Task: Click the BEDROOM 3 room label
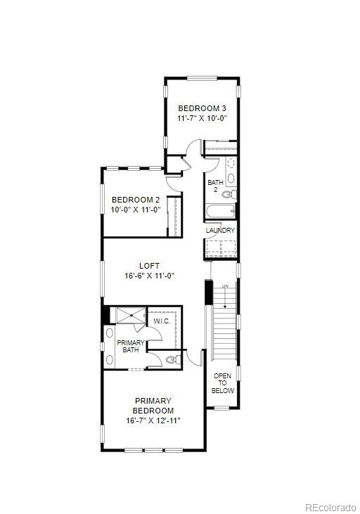click(x=202, y=108)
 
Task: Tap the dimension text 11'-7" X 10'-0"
click(x=202, y=118)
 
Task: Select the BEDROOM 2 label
click(x=136, y=200)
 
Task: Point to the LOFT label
click(x=148, y=266)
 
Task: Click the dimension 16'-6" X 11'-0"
click(x=148, y=276)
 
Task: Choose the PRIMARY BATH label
click(x=130, y=347)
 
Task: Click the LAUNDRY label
click(x=220, y=231)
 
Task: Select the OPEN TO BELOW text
click(x=222, y=383)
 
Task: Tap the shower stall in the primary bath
click(x=130, y=316)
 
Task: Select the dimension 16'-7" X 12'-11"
click(x=153, y=420)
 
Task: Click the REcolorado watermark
click(x=330, y=507)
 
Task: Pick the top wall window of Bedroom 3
click(x=202, y=78)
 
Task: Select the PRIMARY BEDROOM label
click(x=153, y=405)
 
